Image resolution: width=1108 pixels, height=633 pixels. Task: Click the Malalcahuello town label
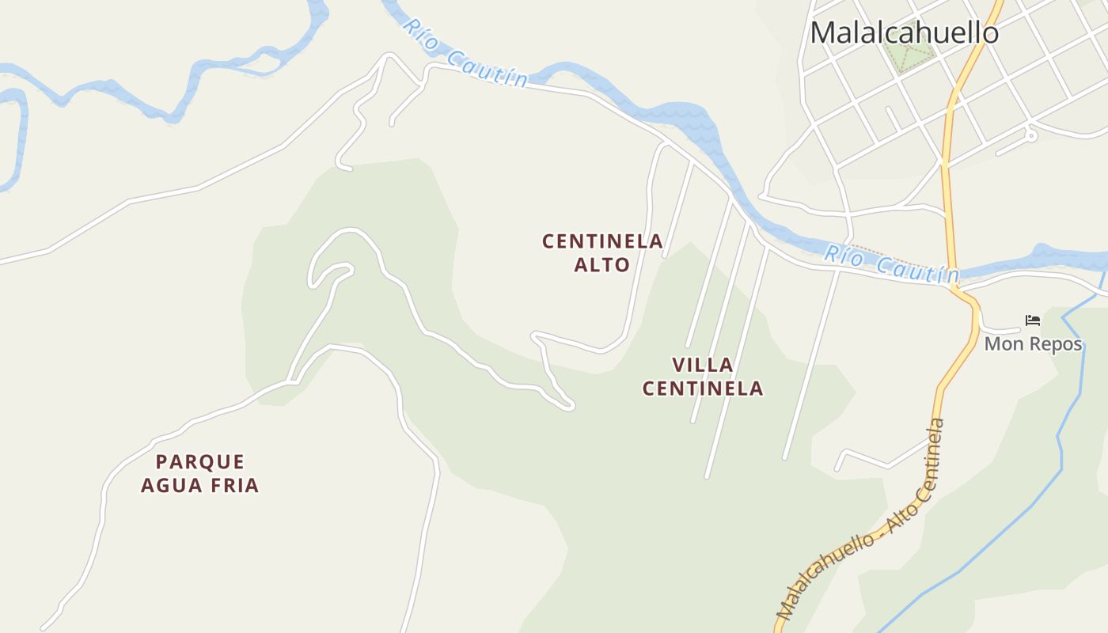pyautogui.click(x=904, y=32)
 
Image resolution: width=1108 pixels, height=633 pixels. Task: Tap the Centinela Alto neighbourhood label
pyautogui.click(x=602, y=252)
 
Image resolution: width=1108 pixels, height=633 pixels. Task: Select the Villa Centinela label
pyautogui.click(x=703, y=377)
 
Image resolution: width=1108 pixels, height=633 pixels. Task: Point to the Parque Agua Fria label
pyautogui.click(x=200, y=473)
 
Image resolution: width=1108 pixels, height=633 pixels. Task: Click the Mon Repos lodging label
pyautogui.click(x=1033, y=344)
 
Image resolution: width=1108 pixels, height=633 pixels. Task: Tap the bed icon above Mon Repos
pyautogui.click(x=1033, y=320)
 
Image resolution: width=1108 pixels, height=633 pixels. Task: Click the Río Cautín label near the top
pyautogui.click(x=465, y=54)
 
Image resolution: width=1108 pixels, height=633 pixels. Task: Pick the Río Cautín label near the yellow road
pyautogui.click(x=891, y=264)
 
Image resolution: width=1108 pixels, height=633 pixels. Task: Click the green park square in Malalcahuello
pyautogui.click(x=909, y=55)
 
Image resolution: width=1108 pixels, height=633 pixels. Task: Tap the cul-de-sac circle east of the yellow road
pyautogui.click(x=1030, y=136)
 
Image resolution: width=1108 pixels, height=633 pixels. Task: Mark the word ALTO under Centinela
pyautogui.click(x=602, y=264)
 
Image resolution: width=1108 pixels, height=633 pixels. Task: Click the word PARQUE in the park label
pyautogui.click(x=200, y=461)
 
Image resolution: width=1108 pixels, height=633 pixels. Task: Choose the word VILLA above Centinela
pyautogui.click(x=703, y=365)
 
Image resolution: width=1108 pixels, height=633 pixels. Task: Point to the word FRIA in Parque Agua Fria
pyautogui.click(x=234, y=485)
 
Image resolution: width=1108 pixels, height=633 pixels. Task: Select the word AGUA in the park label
pyautogui.click(x=172, y=485)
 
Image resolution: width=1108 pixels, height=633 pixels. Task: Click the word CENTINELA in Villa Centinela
pyautogui.click(x=703, y=389)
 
